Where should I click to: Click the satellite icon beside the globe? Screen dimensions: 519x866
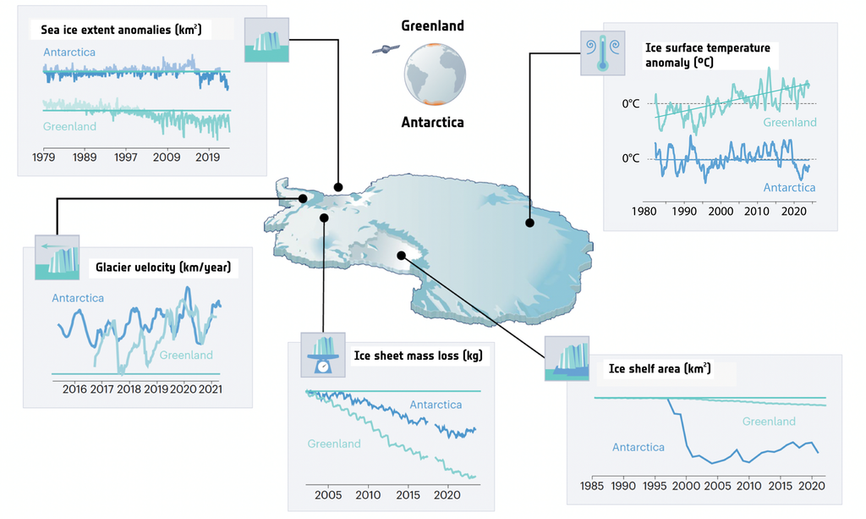click(x=384, y=50)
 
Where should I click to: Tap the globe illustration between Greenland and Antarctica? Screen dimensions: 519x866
click(x=433, y=74)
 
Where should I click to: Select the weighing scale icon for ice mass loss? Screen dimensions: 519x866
click(x=321, y=355)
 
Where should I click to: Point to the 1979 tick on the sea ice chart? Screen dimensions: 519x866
click(x=43, y=157)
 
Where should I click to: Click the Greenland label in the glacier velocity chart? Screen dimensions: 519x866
click(x=186, y=355)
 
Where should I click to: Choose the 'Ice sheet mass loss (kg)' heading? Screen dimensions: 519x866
click(x=417, y=356)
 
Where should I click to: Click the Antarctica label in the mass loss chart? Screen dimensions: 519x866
click(x=436, y=405)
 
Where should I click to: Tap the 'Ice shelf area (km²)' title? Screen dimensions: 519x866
click(x=659, y=369)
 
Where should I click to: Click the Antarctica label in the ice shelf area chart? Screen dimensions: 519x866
click(x=638, y=446)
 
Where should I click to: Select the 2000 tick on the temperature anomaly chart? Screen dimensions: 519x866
click(x=721, y=210)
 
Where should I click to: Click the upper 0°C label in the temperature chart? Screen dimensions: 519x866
click(x=633, y=103)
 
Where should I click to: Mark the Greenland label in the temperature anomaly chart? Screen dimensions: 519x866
click(x=789, y=123)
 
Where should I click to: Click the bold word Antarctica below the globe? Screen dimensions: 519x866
click(x=432, y=123)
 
